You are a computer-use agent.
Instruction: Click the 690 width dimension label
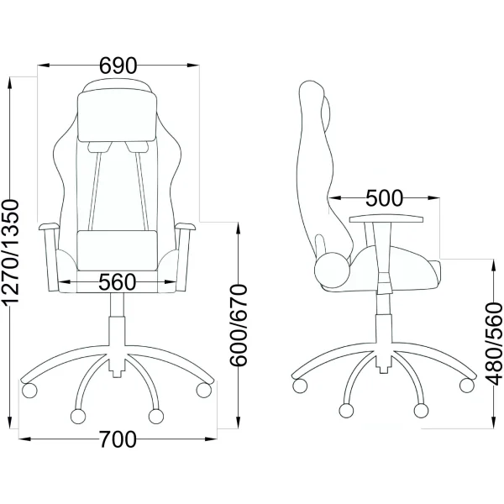118,66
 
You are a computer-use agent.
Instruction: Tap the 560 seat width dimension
118,282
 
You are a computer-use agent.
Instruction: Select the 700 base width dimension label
118,439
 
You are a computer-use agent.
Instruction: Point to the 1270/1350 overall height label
11,252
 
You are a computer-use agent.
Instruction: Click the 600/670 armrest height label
239,325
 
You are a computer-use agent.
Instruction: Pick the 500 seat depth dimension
384,198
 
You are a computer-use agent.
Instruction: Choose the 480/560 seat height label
493,344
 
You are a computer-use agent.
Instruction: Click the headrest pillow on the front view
118,117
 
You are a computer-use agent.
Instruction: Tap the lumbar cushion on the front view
118,250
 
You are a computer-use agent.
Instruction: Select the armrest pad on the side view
386,219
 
